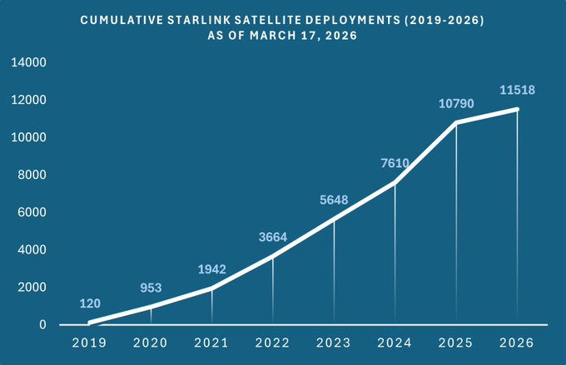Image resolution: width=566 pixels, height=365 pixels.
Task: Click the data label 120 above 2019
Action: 90,303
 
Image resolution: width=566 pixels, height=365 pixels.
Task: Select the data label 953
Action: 151,288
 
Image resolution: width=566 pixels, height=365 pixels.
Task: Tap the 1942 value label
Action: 211,269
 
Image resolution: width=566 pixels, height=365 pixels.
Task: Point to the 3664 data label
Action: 272,237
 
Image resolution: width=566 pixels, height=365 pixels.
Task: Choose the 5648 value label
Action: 334,200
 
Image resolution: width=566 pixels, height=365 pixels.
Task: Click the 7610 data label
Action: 395,163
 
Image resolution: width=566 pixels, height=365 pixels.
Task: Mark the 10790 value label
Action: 455,103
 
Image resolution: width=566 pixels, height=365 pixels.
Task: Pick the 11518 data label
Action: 516,89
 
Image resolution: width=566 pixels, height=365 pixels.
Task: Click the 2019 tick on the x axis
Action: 90,342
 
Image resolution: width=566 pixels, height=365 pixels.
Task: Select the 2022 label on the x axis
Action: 272,342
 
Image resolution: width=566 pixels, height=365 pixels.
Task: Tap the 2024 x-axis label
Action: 395,342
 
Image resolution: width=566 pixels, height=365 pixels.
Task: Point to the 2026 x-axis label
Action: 516,342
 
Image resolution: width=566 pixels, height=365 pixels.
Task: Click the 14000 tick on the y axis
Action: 28,62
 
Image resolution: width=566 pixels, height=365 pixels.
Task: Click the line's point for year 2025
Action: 455,122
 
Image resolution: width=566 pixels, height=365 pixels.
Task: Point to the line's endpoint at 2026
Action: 517,109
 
